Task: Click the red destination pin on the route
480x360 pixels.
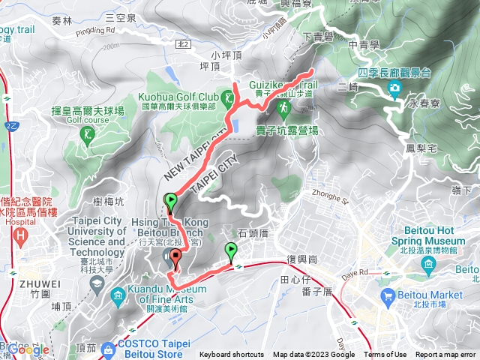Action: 176,259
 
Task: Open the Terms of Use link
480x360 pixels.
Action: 385,355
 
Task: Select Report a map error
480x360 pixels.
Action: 445,355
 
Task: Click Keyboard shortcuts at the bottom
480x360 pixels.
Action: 232,355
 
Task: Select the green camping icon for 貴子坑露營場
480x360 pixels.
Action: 284,110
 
